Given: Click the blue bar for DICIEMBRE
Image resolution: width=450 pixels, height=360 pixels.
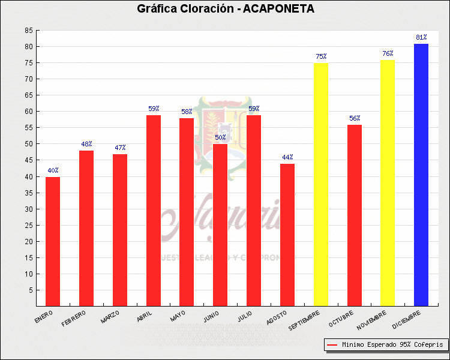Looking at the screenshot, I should point(421,175).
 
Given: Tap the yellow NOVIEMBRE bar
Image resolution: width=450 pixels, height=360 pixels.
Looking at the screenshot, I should point(388,183).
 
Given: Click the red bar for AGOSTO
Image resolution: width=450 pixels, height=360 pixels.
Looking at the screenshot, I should point(287,235).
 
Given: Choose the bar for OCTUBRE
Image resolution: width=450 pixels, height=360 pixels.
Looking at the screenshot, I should point(355,215).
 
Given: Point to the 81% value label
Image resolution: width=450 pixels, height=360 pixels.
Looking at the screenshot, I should point(421,37).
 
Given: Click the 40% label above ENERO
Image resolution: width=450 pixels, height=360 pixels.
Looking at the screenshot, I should point(53,170).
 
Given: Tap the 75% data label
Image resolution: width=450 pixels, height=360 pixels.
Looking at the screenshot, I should point(321,56).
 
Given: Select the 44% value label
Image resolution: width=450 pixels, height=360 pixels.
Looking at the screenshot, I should point(287,157).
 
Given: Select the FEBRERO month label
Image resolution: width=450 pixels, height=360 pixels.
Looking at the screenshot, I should point(74,318).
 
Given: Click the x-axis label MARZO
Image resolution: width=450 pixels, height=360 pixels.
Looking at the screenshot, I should point(110,317).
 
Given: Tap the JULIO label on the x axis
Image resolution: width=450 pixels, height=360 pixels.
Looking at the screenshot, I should point(244,316).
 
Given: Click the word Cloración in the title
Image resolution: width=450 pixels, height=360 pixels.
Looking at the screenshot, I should point(195,8).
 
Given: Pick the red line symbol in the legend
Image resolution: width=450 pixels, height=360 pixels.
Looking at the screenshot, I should point(332,345).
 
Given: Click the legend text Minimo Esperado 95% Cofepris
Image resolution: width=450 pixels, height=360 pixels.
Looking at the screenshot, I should point(392,345).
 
